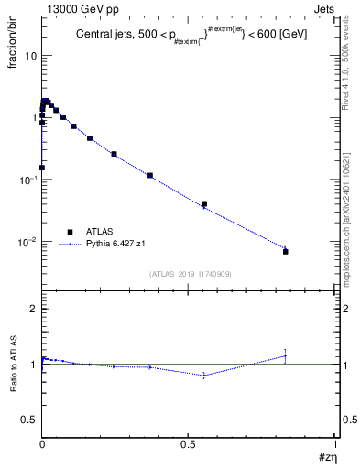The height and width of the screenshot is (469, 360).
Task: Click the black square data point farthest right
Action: point(286,251)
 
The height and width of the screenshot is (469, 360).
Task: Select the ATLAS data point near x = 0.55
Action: point(204,204)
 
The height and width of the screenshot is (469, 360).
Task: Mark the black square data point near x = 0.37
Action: point(149,175)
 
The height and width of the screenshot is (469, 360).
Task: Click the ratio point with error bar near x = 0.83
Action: point(286,355)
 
